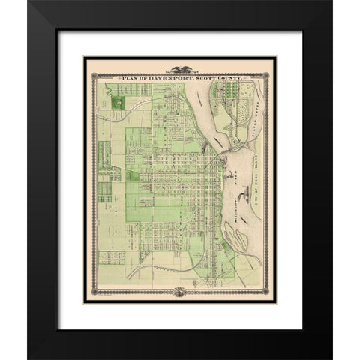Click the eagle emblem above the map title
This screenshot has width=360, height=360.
pyautogui.click(x=180, y=67)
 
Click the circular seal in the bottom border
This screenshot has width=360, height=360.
pyautogui.click(x=180, y=290)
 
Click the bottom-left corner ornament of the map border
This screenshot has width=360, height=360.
pyautogui.click(x=88, y=296)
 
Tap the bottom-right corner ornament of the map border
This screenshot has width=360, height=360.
pyautogui.click(x=272, y=296)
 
